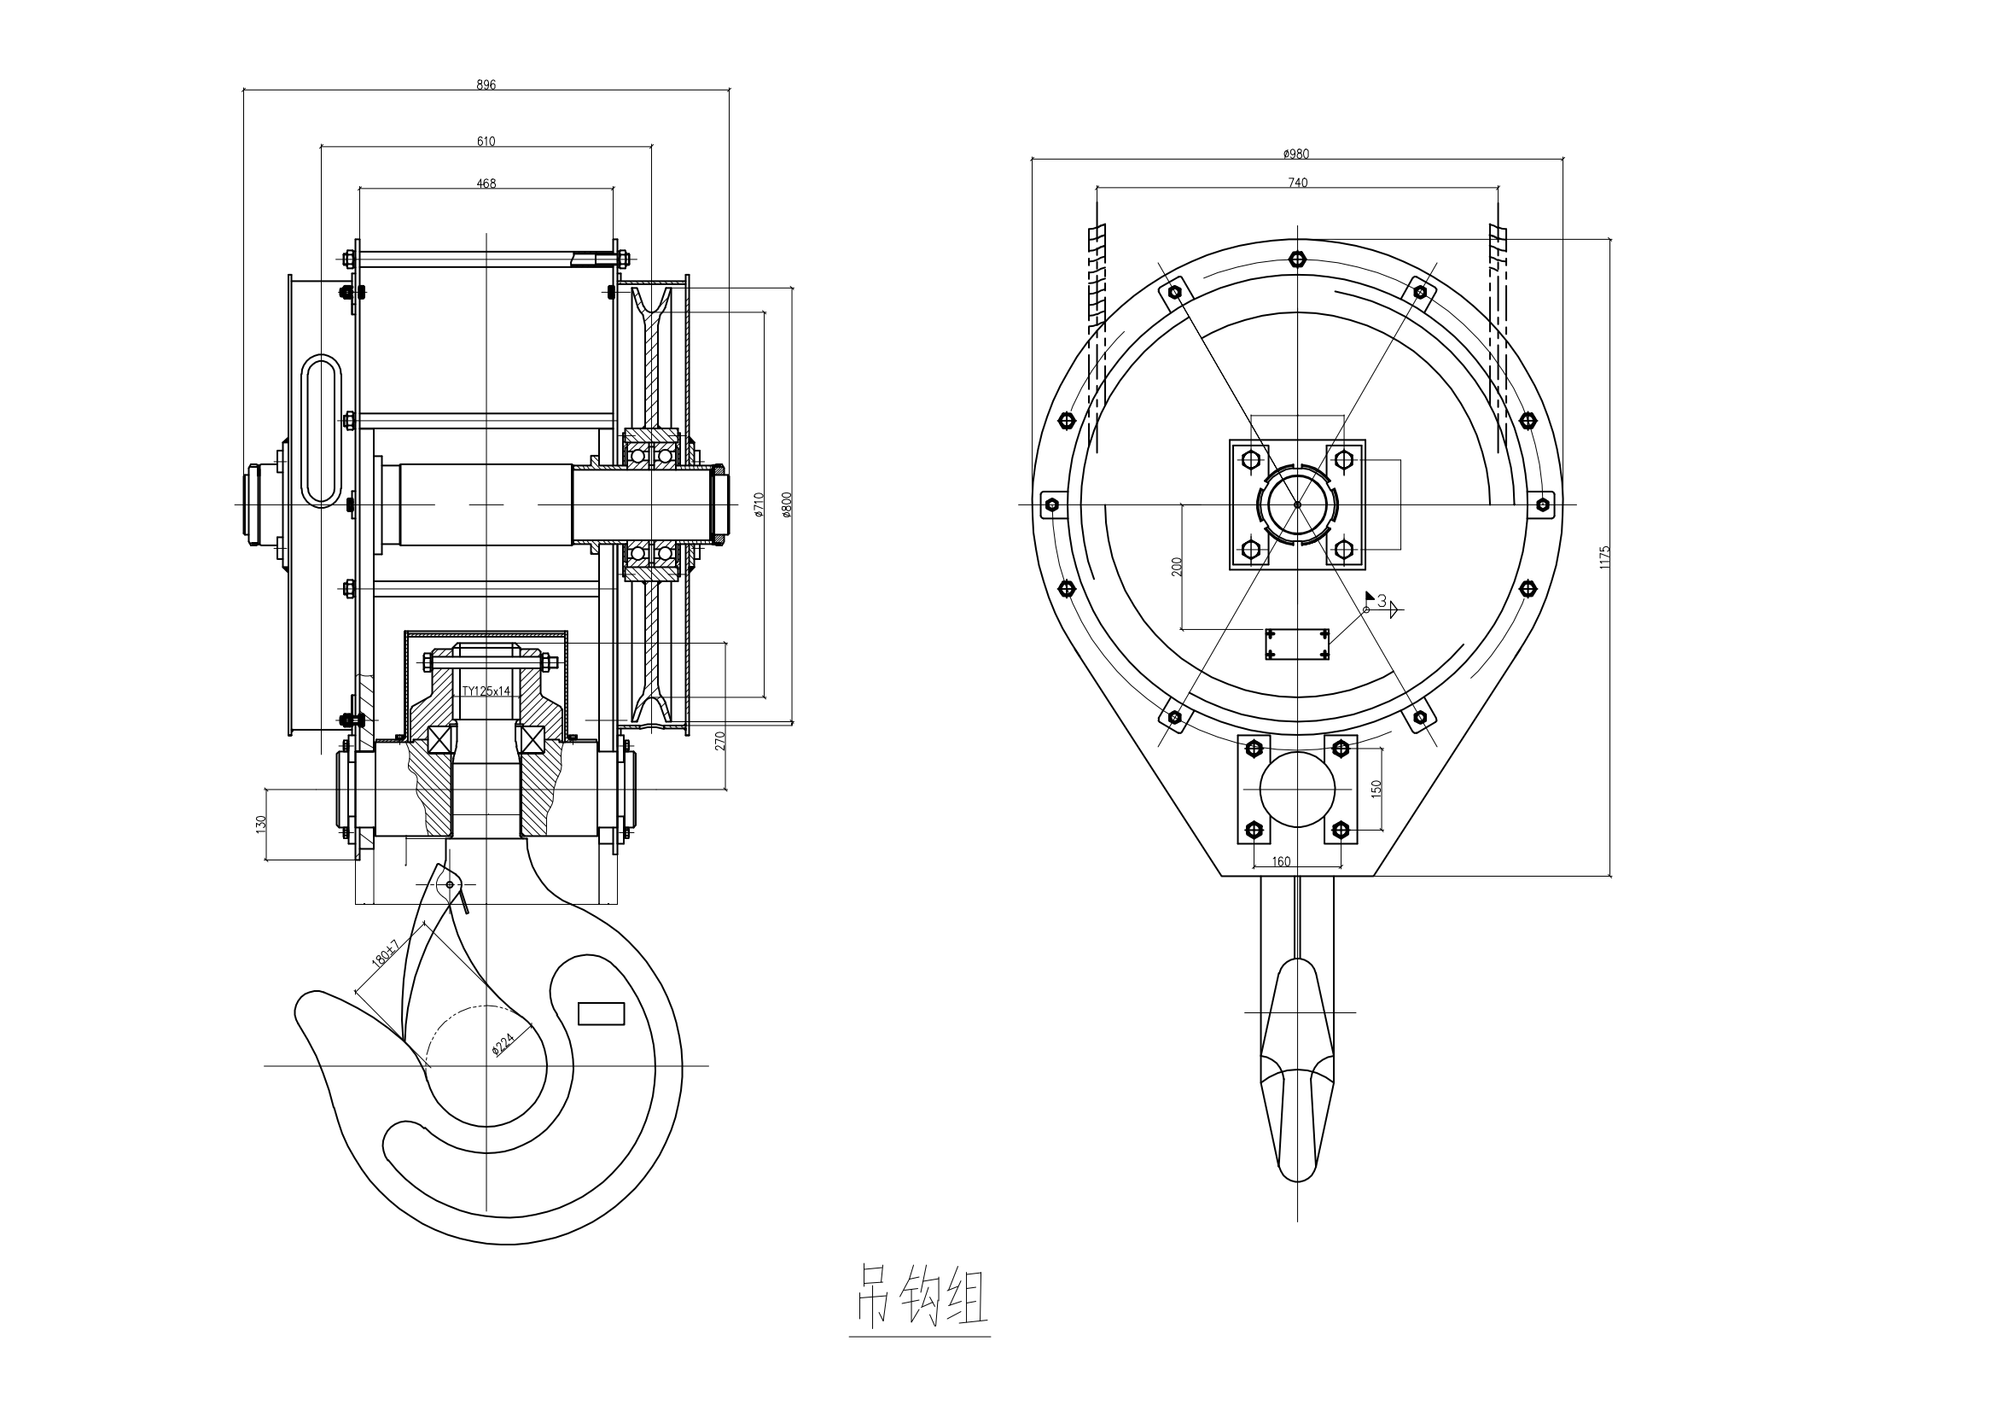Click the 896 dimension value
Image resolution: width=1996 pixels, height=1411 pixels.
pos(486,85)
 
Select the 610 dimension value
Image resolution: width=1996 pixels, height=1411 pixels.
pos(486,142)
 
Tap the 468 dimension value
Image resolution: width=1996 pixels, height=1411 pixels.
pos(486,184)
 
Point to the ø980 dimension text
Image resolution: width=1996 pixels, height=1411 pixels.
pos(1295,154)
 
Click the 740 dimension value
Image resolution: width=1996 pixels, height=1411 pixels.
pos(1297,183)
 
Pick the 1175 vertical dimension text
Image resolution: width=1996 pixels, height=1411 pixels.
pos(1605,557)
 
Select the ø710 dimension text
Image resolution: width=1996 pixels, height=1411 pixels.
pos(758,505)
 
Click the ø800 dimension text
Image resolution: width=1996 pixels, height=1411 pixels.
pos(786,505)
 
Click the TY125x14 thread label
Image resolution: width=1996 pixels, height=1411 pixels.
pos(486,691)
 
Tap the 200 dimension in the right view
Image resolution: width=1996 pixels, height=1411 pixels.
pos(1177,567)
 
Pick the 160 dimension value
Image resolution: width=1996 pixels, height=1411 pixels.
pos(1281,861)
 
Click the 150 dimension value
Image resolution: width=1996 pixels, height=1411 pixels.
pos(1376,789)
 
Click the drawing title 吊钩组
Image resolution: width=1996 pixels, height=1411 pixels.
pos(919,1295)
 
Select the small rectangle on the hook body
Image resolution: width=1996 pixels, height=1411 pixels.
pos(602,1014)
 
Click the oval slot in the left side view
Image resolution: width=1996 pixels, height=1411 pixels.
pos(323,430)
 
